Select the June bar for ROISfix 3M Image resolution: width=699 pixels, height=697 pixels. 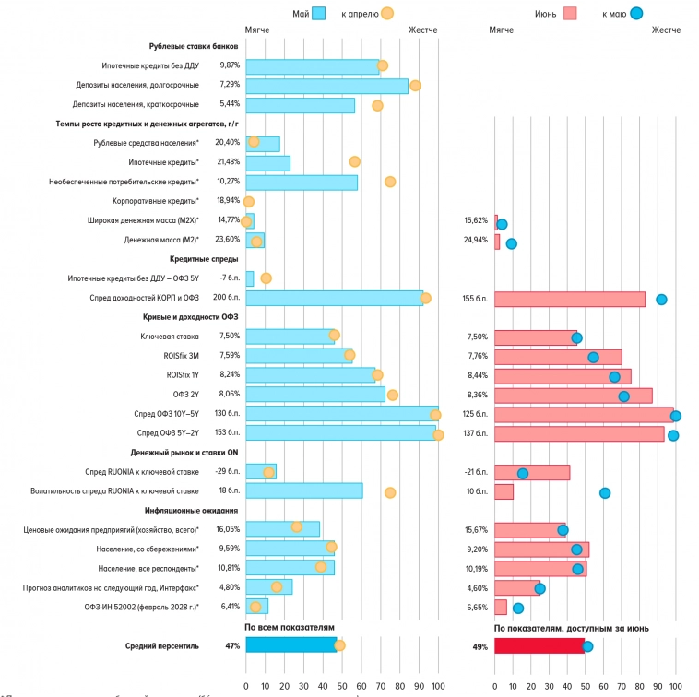557,356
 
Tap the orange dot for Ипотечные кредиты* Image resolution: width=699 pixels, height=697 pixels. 355,161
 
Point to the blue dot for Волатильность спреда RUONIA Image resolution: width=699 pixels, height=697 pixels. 605,492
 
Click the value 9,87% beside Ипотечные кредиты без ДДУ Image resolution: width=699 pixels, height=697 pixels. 229,65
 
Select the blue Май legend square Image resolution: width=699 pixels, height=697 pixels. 319,14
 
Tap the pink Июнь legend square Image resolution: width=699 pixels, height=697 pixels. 570,14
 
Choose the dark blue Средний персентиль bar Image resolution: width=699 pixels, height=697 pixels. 290,645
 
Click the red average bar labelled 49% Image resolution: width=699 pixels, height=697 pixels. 539,645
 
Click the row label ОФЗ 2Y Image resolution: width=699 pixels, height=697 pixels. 186,395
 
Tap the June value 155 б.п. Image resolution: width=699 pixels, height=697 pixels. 476,299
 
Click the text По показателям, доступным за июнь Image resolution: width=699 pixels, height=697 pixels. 571,628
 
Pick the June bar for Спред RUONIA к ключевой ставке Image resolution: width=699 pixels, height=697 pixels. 531,472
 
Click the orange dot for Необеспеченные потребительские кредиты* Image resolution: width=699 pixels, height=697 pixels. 390,182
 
